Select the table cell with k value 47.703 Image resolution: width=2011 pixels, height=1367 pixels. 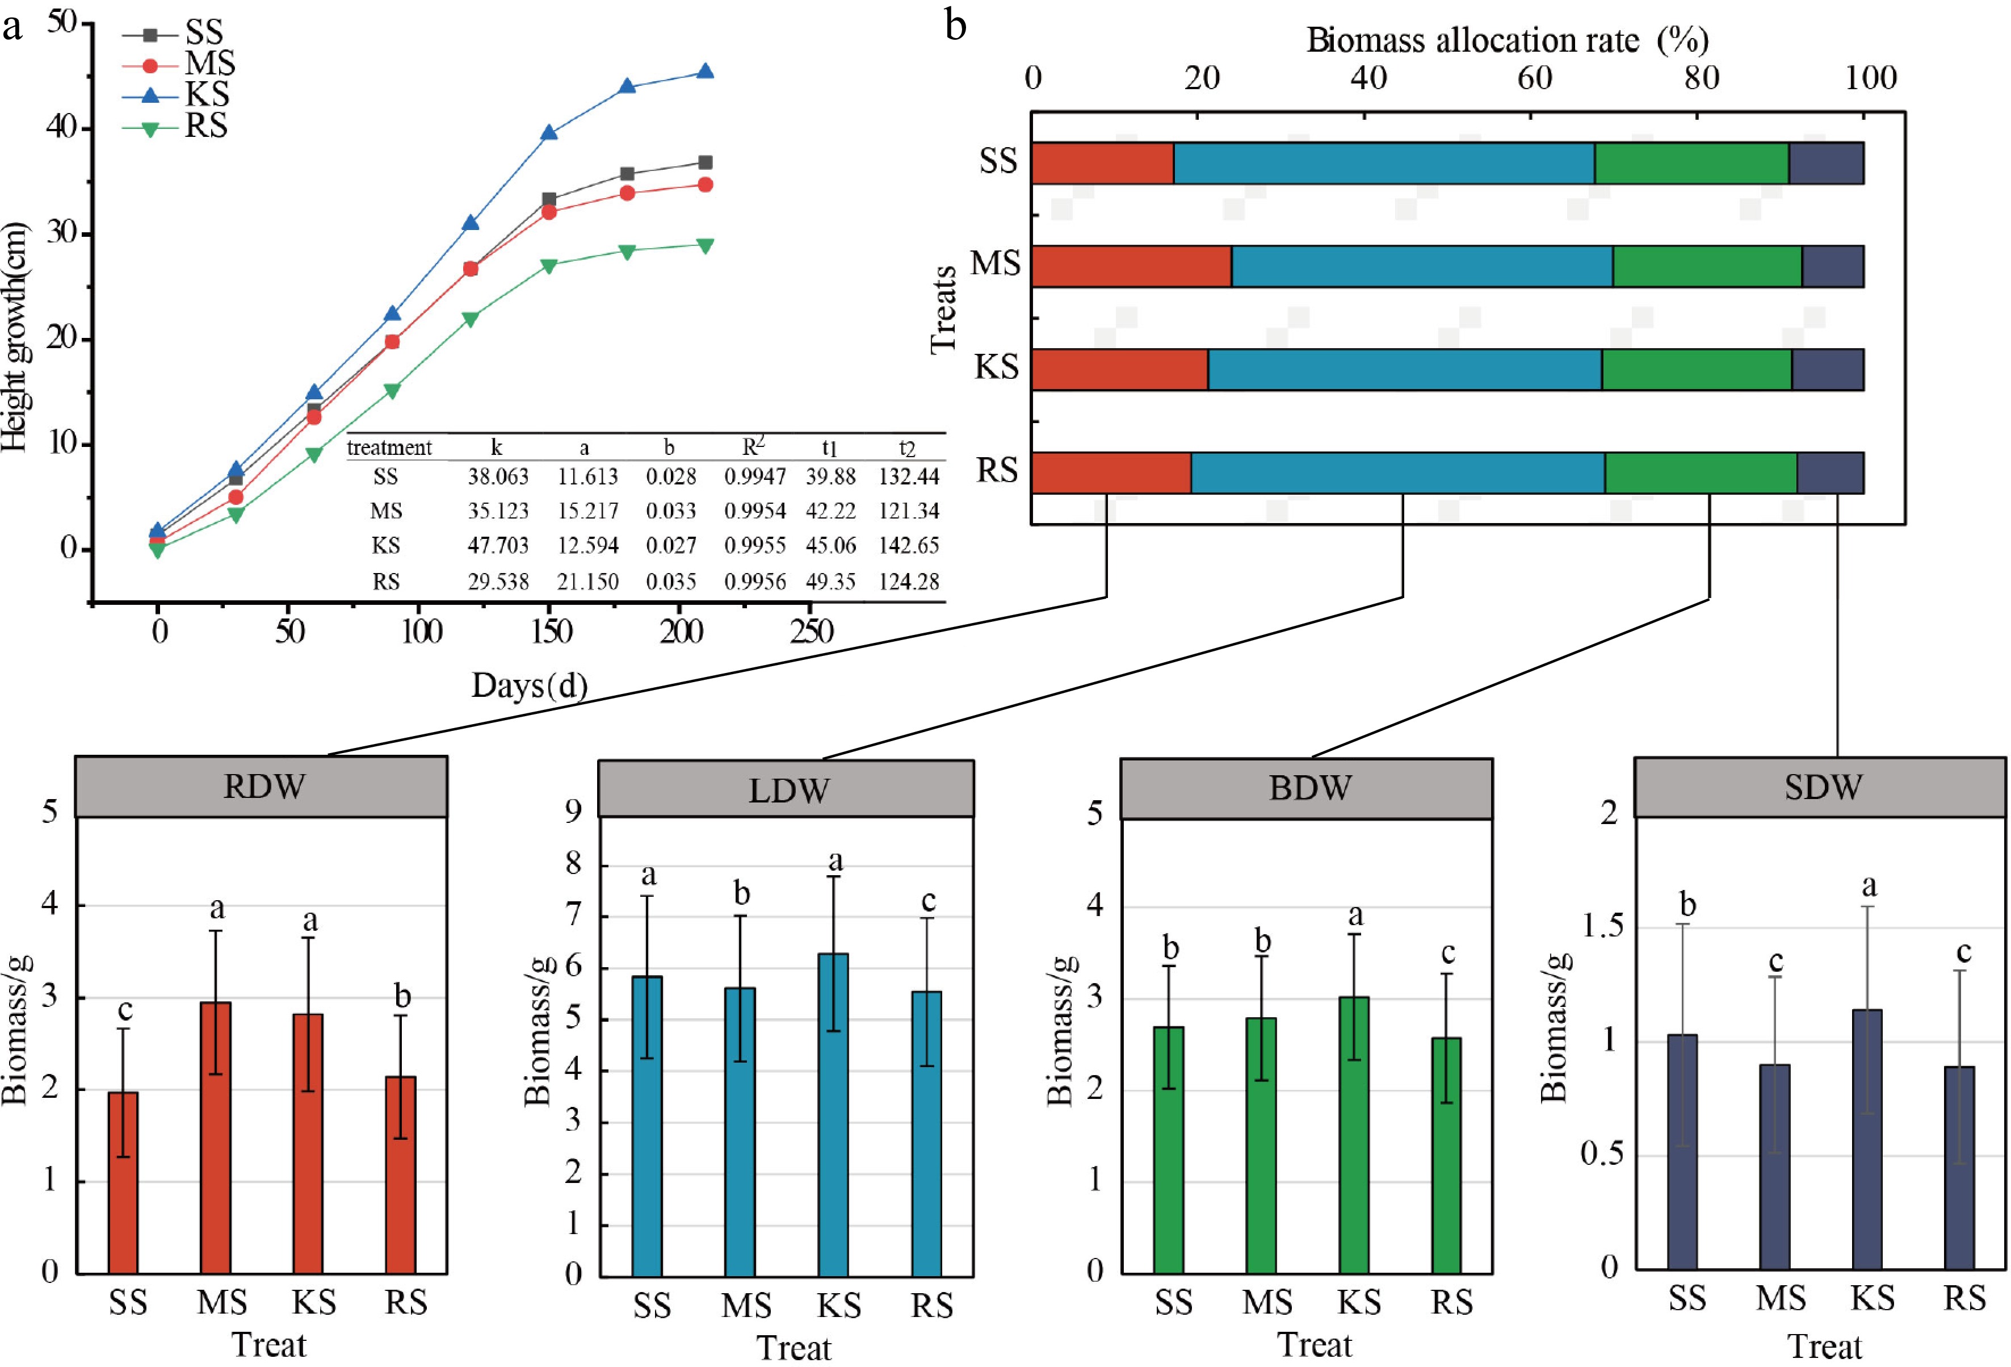coord(498,545)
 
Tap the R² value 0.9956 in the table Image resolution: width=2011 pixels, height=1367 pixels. coord(754,582)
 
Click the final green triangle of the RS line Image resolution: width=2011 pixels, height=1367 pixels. coord(705,246)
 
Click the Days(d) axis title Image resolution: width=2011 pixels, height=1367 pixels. coord(528,685)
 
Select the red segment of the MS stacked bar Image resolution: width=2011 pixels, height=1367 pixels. coord(1131,266)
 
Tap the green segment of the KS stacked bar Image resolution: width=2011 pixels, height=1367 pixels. coord(1696,370)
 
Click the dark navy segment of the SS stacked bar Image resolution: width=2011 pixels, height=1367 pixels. coord(1826,163)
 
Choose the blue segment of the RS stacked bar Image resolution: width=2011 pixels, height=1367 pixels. coord(1397,473)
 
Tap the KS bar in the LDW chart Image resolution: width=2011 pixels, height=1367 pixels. coord(833,1114)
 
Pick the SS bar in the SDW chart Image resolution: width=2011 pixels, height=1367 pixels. coord(1682,1151)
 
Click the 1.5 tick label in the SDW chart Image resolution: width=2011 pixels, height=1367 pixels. coord(1602,927)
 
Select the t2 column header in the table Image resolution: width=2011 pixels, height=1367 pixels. coord(906,448)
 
